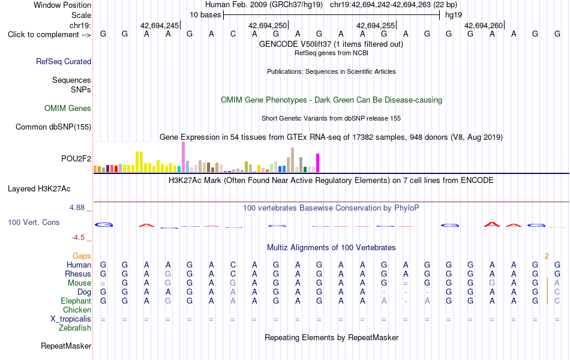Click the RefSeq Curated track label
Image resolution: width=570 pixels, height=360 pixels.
[64, 61]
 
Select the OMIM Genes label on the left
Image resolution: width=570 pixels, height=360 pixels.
[68, 109]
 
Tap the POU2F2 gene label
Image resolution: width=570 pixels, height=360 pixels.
[76, 158]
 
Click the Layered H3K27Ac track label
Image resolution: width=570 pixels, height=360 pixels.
[39, 189]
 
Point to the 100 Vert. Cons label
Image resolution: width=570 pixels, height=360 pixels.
[34, 222]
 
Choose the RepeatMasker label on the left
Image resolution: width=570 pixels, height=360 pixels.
[66, 346]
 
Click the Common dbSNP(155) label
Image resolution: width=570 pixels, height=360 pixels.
[53, 127]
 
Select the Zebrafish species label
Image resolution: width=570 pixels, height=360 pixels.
[75, 328]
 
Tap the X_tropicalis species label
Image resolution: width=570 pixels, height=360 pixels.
[71, 319]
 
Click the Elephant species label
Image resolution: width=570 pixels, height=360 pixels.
[76, 301]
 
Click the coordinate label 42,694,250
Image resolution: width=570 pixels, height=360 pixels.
[268, 25]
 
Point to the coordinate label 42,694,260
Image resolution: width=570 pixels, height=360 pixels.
[484, 25]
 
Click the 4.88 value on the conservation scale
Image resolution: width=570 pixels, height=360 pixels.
[77, 208]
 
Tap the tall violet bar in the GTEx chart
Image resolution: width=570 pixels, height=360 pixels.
[183, 157]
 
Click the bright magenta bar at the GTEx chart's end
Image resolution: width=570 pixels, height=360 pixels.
[318, 163]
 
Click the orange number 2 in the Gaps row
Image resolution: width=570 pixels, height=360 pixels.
[547, 256]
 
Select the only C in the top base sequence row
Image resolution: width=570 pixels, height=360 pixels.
[233, 34]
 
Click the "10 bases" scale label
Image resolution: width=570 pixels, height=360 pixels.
[205, 15]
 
